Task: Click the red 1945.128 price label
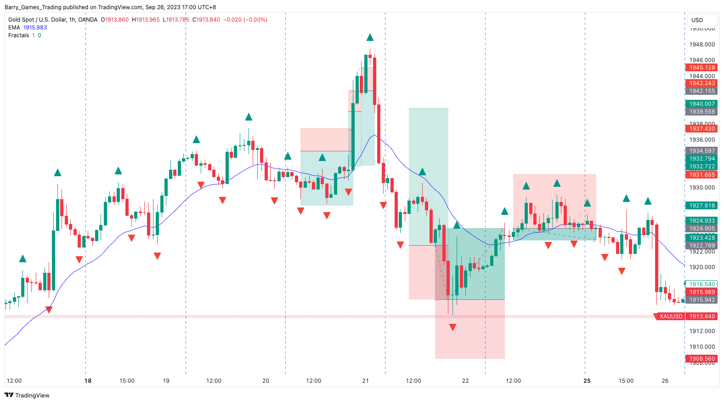tap(701, 68)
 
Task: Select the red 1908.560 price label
tap(701, 359)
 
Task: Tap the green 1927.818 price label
tap(701, 206)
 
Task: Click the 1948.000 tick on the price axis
tap(701, 45)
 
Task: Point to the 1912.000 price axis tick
tap(701, 331)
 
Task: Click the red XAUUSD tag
tap(670, 317)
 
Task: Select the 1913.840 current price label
tap(701, 317)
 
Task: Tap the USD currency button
tap(697, 20)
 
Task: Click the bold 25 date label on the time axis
tap(587, 381)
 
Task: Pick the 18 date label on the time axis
tap(88, 381)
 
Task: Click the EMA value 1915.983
tap(35, 28)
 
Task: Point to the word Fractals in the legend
tap(18, 35)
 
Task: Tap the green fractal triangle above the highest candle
tap(370, 37)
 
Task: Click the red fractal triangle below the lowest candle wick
tap(452, 327)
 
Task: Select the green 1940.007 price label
tap(701, 104)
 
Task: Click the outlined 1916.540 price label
tap(701, 284)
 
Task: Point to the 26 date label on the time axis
tap(665, 381)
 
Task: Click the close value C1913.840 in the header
tap(206, 20)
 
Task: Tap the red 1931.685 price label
tap(701, 175)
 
